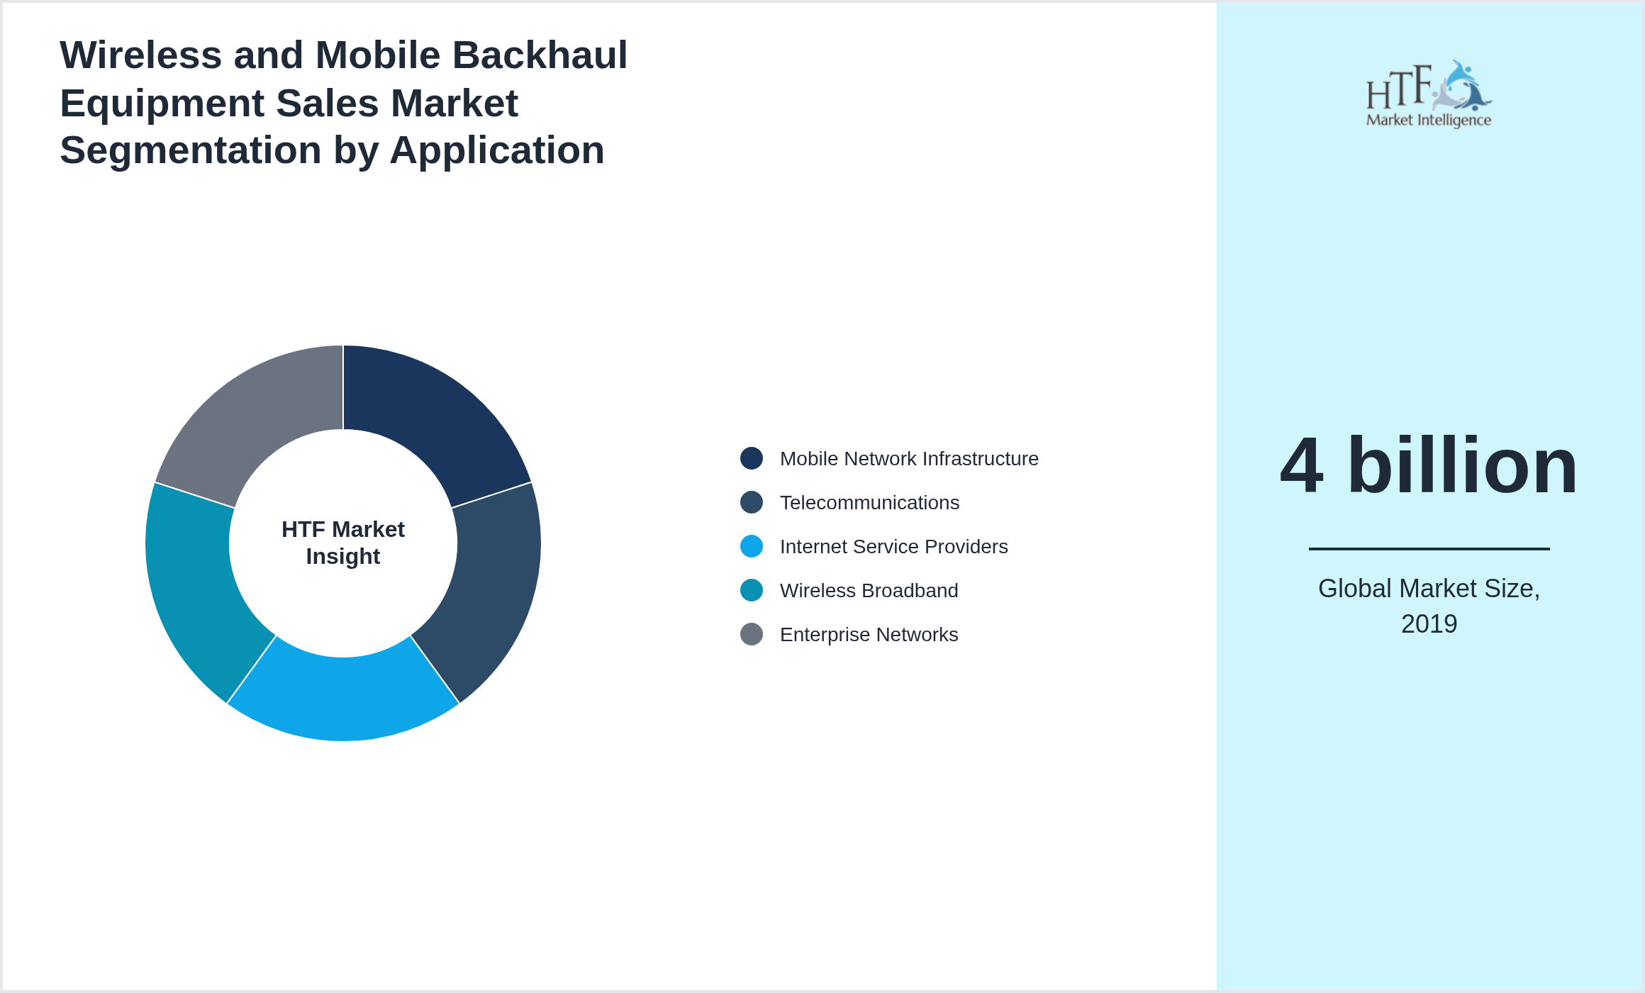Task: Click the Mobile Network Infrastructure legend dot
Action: (752, 458)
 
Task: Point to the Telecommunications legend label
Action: (869, 503)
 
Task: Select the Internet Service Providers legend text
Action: (893, 547)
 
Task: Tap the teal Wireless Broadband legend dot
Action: (752, 590)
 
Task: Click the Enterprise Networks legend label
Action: (869, 635)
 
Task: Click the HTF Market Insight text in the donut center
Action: (343, 543)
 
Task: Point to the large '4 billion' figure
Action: (1429, 466)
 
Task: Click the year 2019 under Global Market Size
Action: (1429, 624)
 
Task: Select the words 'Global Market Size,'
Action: (1429, 589)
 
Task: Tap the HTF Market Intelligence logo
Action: (1429, 94)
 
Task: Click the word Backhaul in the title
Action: (540, 55)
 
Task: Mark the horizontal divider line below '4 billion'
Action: (1429, 548)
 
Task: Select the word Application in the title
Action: (496, 150)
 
